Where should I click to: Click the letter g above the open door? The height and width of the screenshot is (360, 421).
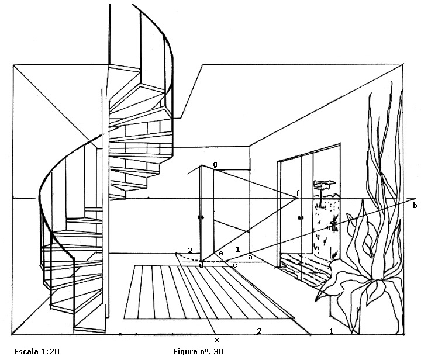coord(215,165)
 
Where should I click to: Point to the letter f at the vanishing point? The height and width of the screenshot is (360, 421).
coord(298,192)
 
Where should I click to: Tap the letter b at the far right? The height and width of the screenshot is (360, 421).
coord(415,206)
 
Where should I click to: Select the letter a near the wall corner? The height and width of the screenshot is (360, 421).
coord(250,257)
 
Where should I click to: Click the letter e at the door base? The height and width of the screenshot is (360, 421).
coord(221,253)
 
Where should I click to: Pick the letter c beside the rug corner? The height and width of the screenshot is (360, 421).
coord(234,265)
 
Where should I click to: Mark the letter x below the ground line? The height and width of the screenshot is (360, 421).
coord(217,340)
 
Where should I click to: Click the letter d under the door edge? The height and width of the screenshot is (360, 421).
coord(201,265)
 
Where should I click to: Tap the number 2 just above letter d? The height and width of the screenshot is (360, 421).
coord(191,251)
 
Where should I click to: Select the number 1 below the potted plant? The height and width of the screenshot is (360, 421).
coord(332,331)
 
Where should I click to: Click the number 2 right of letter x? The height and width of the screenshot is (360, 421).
coord(259,331)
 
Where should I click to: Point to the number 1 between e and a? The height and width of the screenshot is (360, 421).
coord(237,250)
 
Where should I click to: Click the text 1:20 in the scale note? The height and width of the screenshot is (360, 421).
coord(50,351)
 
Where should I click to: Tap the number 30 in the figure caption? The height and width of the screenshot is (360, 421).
coord(219,351)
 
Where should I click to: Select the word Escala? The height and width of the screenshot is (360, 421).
coord(26,351)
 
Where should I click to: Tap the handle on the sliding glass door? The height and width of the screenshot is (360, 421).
coord(300,217)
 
